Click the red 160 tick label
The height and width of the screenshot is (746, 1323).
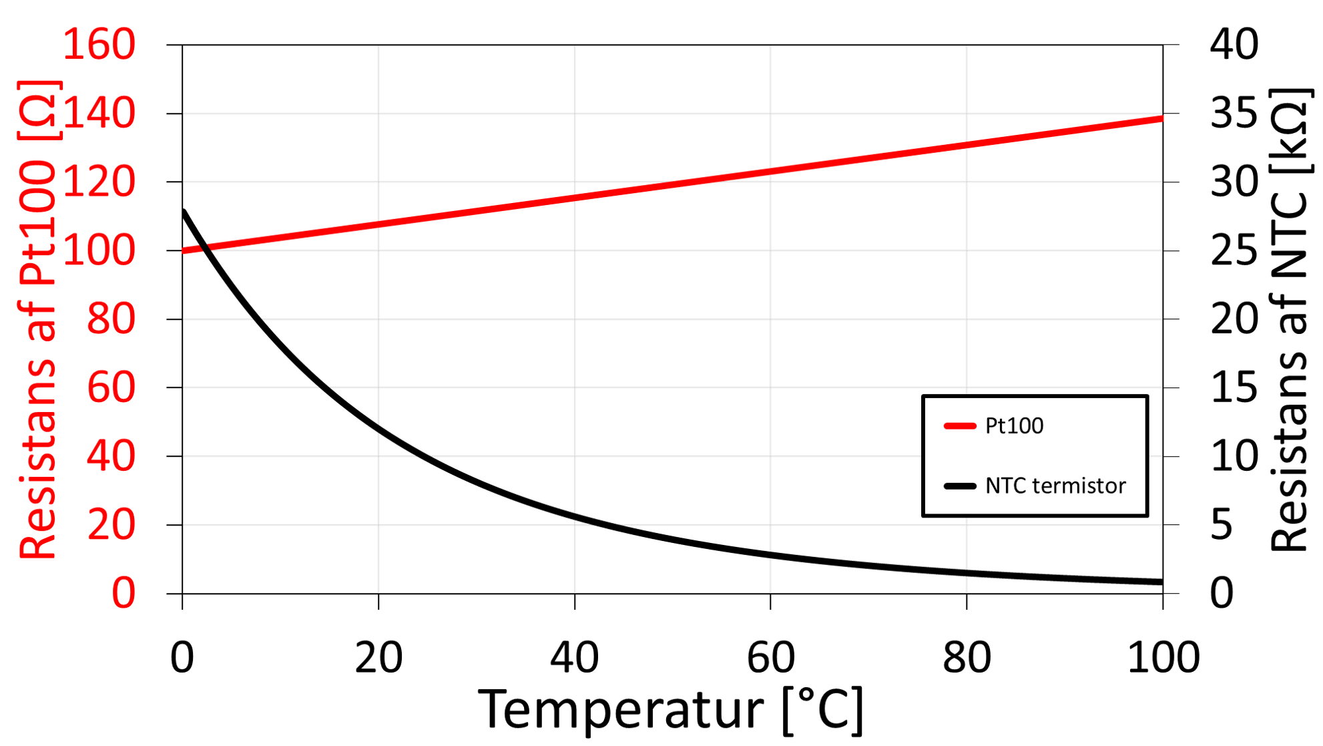(99, 45)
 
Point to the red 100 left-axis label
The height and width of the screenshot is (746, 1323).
(99, 250)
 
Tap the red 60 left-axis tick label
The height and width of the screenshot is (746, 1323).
(111, 387)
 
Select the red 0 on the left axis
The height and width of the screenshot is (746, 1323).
(123, 593)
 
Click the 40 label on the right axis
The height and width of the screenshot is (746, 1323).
(1234, 45)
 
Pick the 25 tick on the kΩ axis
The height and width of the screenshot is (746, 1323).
(1234, 250)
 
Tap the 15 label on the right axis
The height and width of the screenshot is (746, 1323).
(1234, 387)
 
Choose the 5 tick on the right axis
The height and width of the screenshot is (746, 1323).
(1222, 524)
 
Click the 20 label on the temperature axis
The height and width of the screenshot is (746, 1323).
(378, 658)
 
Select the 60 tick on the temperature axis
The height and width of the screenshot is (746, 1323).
(770, 658)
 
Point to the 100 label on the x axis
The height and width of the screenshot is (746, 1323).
(1163, 658)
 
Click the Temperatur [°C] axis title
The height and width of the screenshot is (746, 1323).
(670, 710)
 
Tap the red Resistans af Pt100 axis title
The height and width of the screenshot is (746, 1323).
(39, 319)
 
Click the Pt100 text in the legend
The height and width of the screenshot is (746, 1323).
(1014, 426)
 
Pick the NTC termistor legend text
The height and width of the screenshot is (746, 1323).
(1055, 486)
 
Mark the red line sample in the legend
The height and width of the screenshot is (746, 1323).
(960, 426)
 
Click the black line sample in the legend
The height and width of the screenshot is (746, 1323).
(960, 486)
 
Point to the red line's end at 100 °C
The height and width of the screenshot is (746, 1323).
(1161, 119)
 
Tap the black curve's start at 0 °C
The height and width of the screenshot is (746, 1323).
(184, 212)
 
